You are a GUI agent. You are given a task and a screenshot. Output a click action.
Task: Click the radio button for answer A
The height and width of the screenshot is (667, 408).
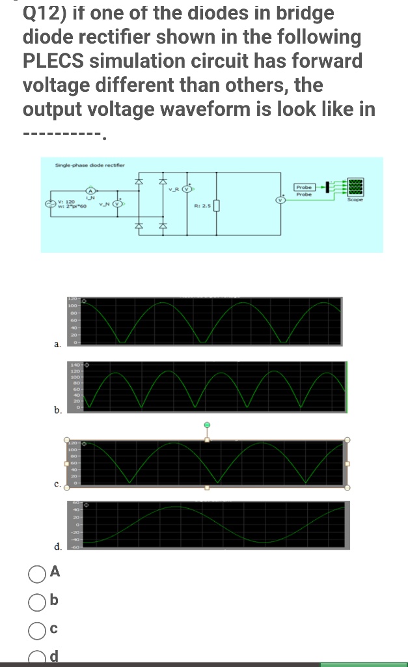click(36, 573)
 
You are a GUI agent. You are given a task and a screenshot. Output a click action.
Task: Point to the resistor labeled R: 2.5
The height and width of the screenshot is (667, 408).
click(215, 207)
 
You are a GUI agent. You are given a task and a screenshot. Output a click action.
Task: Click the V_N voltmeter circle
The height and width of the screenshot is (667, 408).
click(117, 203)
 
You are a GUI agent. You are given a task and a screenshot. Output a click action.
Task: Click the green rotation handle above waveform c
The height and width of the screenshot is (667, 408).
click(207, 425)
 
